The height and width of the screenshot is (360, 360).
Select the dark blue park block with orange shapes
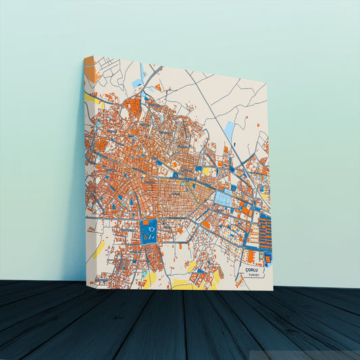tap(149, 231)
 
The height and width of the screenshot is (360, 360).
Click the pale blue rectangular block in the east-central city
tap(223, 198)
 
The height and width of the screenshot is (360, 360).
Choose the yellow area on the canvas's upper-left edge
tap(89, 97)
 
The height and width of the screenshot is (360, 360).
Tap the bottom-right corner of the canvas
tap(273, 290)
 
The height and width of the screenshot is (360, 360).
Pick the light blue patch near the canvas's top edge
tap(138, 83)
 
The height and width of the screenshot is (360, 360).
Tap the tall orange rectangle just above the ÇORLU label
tap(251, 256)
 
